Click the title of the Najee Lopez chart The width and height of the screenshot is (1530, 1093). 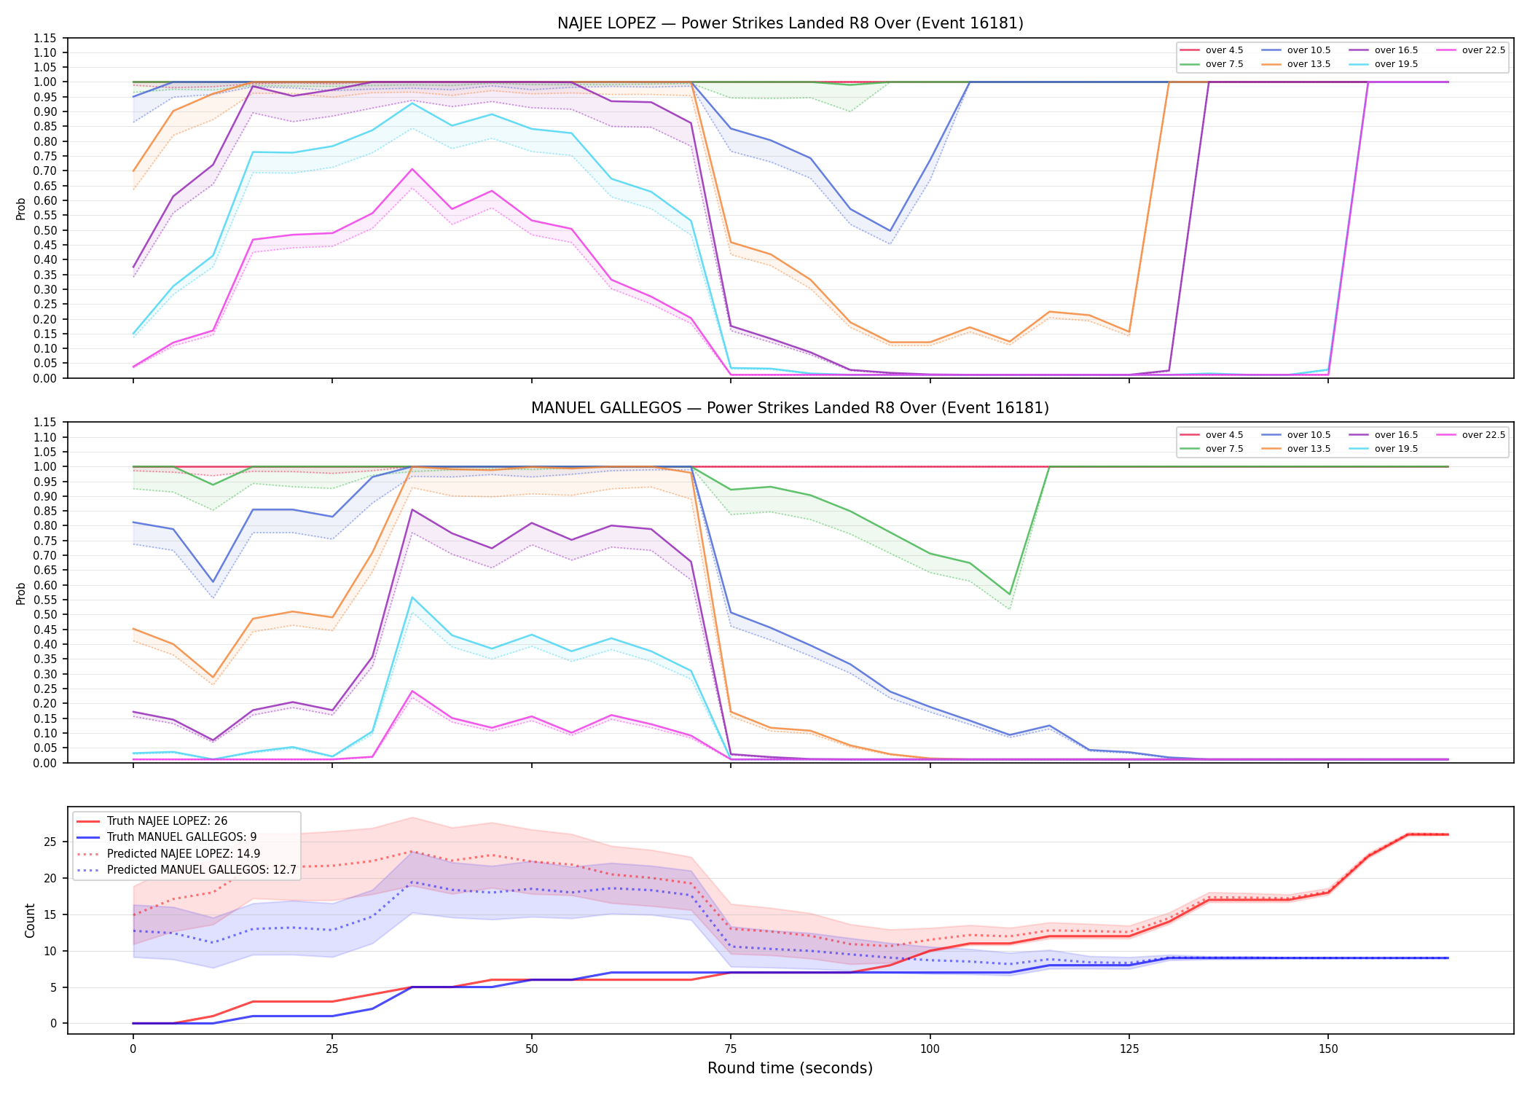tap(790, 23)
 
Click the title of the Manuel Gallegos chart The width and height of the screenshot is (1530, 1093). tap(790, 408)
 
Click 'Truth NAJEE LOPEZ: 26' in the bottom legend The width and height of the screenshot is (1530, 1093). tap(167, 821)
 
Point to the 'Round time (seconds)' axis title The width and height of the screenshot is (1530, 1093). tap(790, 1068)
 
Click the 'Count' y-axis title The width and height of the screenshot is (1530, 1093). tap(30, 920)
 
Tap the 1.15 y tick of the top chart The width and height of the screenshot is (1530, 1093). tap(46, 38)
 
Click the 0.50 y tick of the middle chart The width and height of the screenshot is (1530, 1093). tap(46, 614)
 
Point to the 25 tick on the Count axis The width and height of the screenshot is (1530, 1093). tap(51, 842)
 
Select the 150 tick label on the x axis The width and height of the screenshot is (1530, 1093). tap(1328, 1049)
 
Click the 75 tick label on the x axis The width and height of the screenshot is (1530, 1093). tap(731, 1049)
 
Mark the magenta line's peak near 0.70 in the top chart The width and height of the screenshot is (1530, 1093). tap(412, 169)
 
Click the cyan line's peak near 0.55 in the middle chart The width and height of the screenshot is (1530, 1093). tap(412, 598)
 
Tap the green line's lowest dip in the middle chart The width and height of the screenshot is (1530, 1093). tap(1010, 595)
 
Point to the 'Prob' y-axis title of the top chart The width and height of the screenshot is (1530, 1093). tap(21, 208)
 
